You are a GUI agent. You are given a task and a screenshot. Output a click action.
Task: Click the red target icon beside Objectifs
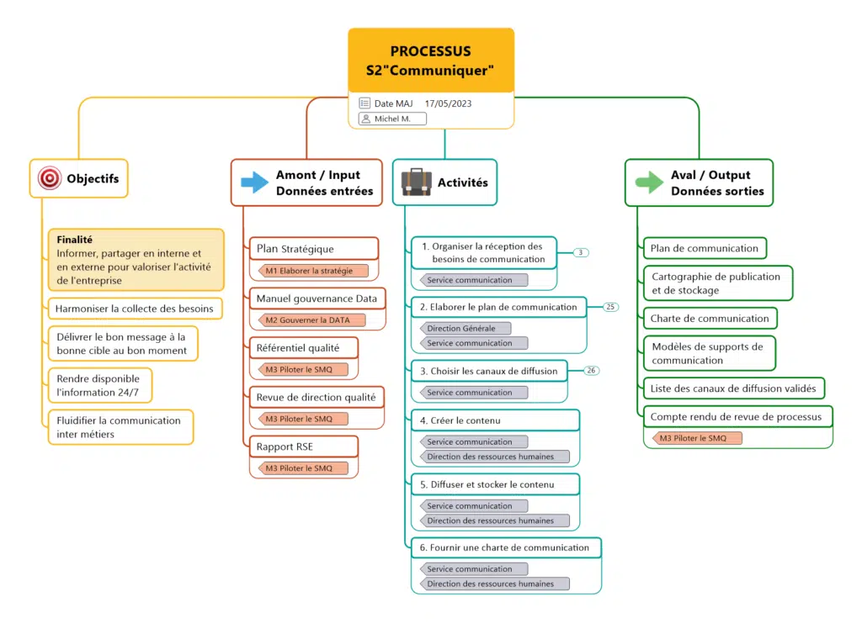click(50, 178)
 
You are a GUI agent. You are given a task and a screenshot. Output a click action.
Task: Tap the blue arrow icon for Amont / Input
click(254, 182)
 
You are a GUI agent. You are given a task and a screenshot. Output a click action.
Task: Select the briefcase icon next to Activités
click(416, 182)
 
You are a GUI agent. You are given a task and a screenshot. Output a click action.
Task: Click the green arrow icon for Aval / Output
click(649, 182)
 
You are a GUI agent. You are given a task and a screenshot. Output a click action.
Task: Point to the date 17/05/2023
click(448, 103)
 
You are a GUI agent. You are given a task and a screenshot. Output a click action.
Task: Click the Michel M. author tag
click(392, 119)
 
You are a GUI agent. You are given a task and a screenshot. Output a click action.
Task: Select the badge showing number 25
click(611, 307)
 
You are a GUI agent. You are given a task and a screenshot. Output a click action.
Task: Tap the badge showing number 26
click(592, 370)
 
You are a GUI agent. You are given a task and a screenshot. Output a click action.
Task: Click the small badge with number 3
click(581, 252)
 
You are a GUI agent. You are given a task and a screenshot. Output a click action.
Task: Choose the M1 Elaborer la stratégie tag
click(310, 271)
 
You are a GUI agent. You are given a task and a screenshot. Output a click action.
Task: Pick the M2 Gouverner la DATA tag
click(310, 320)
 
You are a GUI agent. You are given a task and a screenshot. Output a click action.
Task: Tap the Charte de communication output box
click(710, 319)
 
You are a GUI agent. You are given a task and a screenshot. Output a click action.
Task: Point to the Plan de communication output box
click(705, 248)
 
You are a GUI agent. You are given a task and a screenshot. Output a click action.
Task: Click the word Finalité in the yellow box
click(75, 239)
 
